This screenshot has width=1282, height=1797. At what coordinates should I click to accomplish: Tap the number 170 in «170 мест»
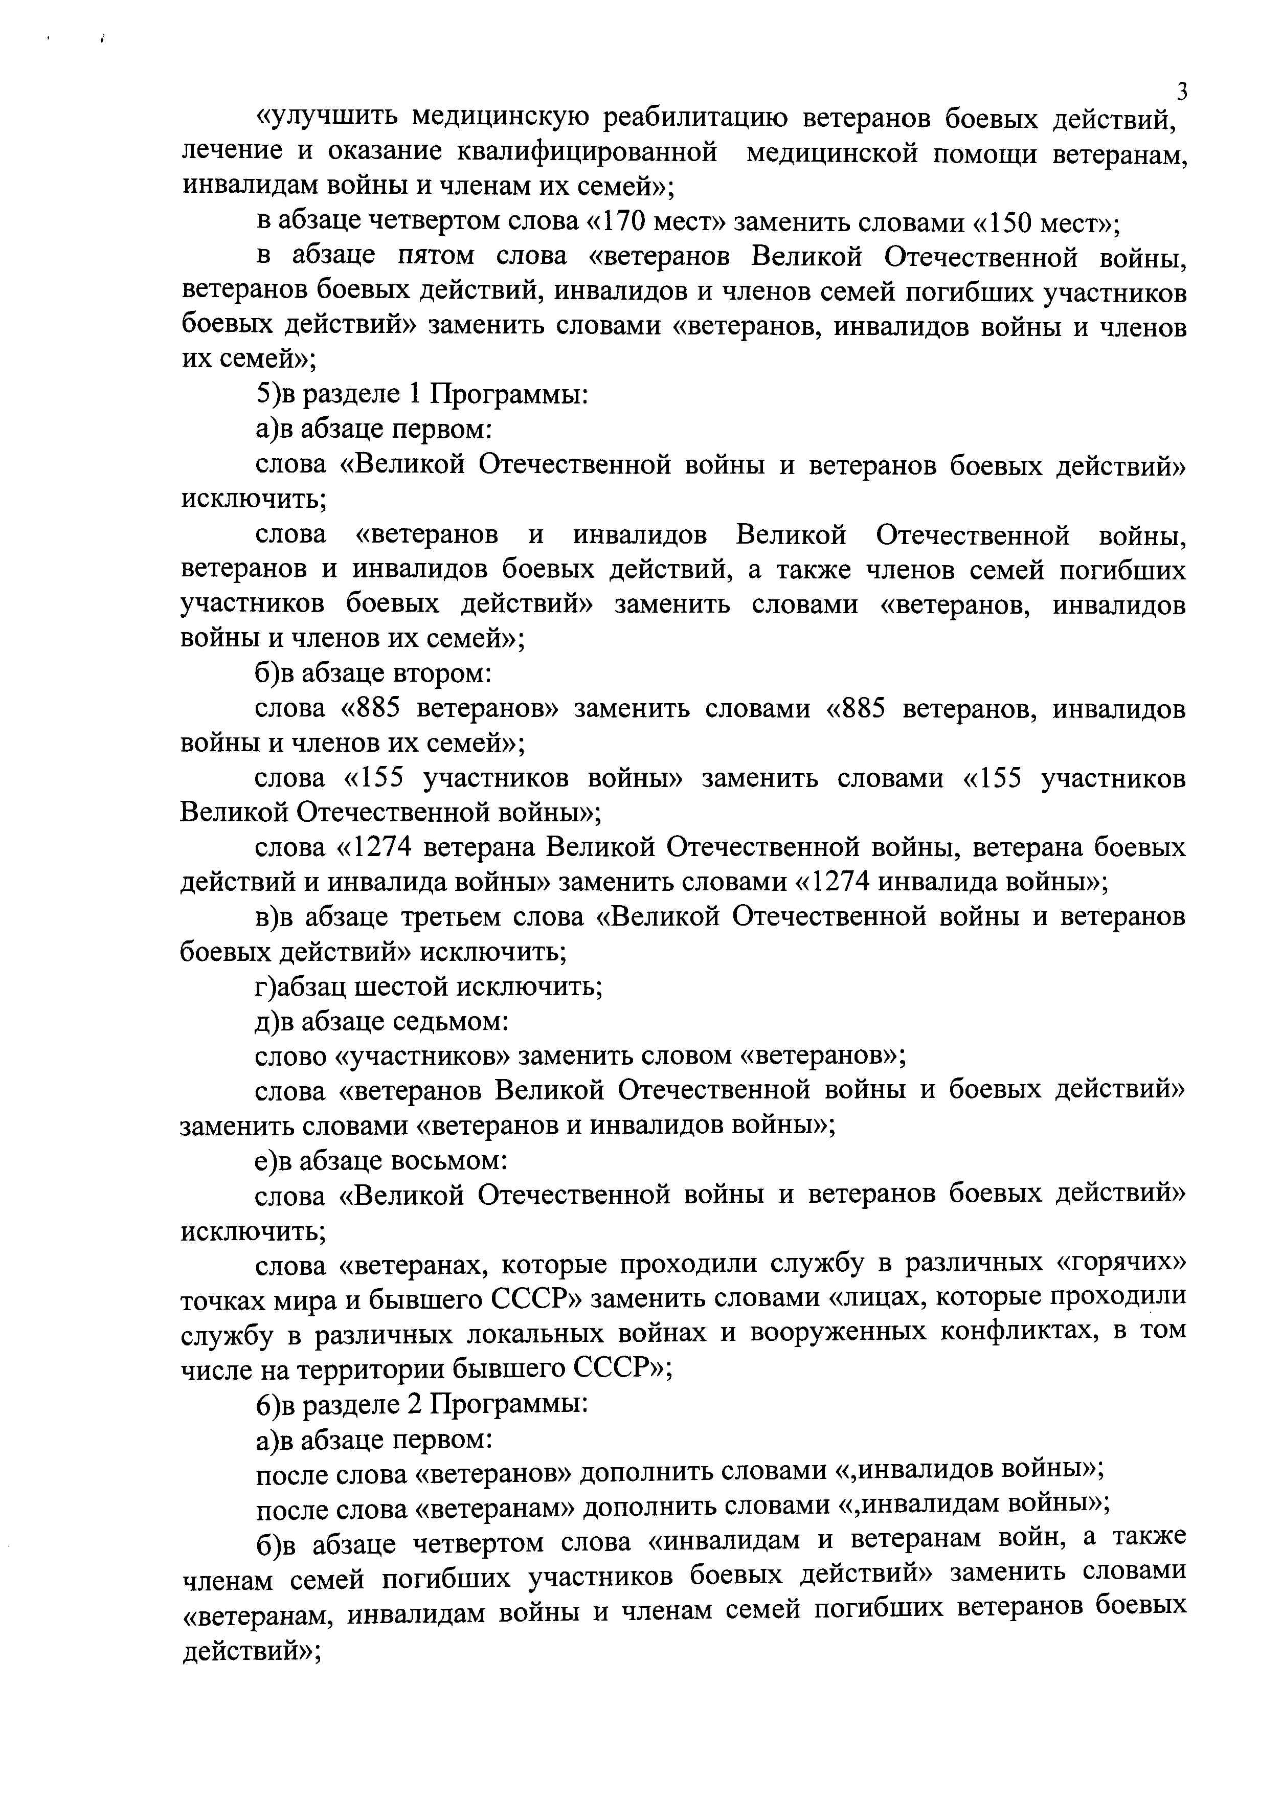coord(630,222)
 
